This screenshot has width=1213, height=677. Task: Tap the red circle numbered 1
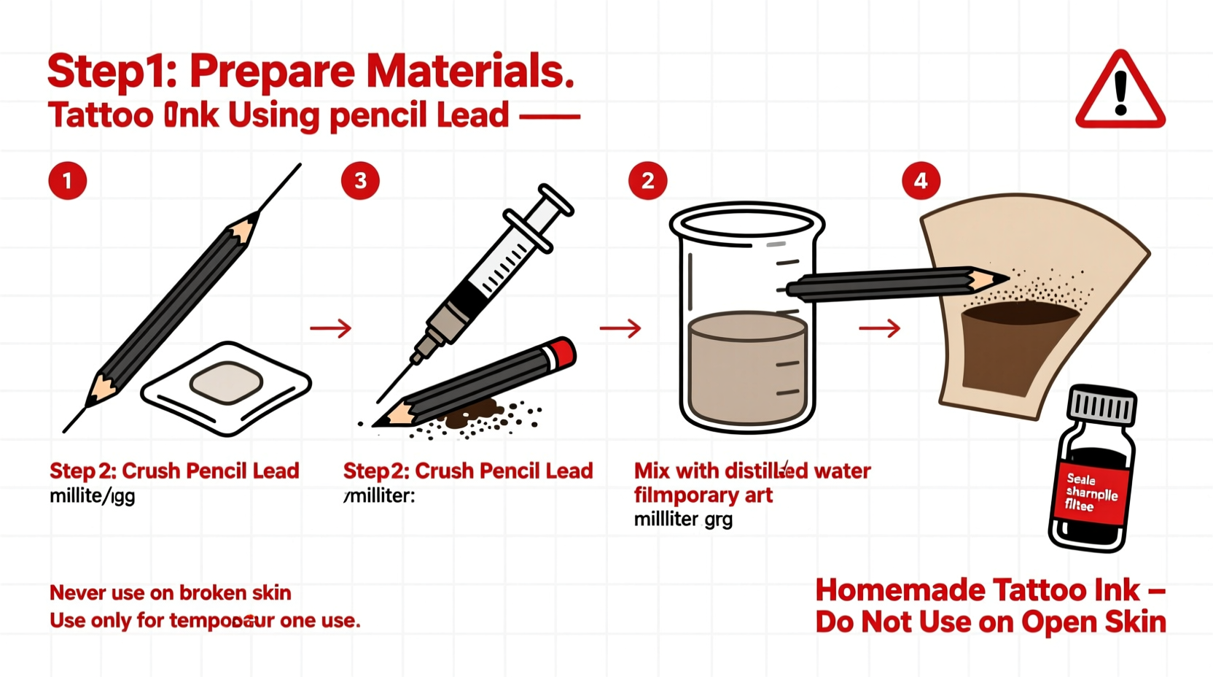68,180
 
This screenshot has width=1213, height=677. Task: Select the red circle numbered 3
360,180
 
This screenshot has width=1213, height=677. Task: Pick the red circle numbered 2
647,180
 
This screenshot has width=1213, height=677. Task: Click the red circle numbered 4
921,180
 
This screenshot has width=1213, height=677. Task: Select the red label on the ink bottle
1091,493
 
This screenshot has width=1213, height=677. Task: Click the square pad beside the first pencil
227,383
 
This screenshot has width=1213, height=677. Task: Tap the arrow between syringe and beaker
620,328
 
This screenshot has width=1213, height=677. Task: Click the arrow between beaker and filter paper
879,328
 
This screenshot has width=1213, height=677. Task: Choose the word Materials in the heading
470,71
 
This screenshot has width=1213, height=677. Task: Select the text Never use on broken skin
170,592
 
